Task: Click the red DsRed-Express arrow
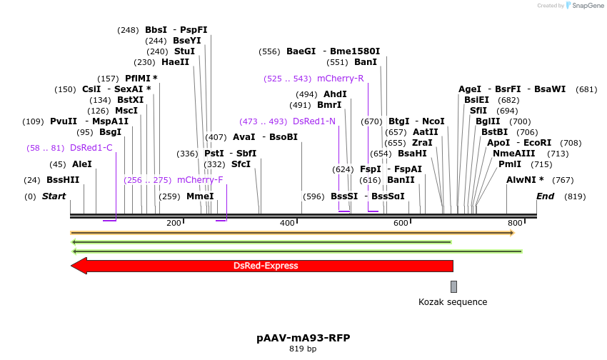(264, 266)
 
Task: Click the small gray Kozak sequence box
(453, 286)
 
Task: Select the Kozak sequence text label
(453, 302)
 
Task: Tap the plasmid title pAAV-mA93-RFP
(303, 338)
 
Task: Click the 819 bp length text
(303, 349)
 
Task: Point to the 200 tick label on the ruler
(174, 224)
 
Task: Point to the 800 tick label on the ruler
(515, 224)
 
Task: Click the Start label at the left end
(54, 196)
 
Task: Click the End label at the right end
(545, 196)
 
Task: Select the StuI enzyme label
(184, 51)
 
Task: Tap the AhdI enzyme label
(335, 94)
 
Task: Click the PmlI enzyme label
(510, 164)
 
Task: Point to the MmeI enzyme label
(200, 196)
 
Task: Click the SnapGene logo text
(586, 6)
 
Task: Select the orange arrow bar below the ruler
(291, 233)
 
